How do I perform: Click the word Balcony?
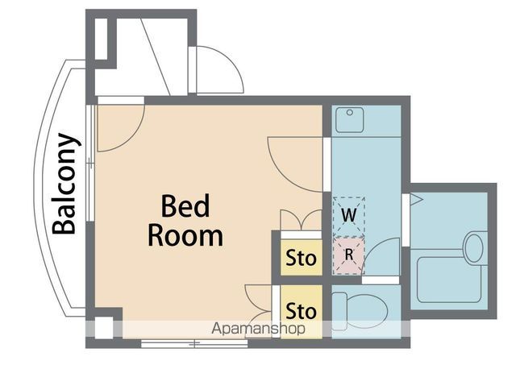point(66,184)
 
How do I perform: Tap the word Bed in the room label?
point(185,207)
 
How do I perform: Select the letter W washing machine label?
point(348,215)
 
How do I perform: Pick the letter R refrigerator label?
point(348,254)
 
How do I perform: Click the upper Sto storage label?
point(301,259)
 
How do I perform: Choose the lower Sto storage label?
point(301,310)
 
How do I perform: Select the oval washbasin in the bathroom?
point(473,247)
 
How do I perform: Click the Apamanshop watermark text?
point(259,329)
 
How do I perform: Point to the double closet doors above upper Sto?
point(300,220)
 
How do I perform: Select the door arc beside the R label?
point(384,256)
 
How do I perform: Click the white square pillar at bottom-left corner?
point(103,329)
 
